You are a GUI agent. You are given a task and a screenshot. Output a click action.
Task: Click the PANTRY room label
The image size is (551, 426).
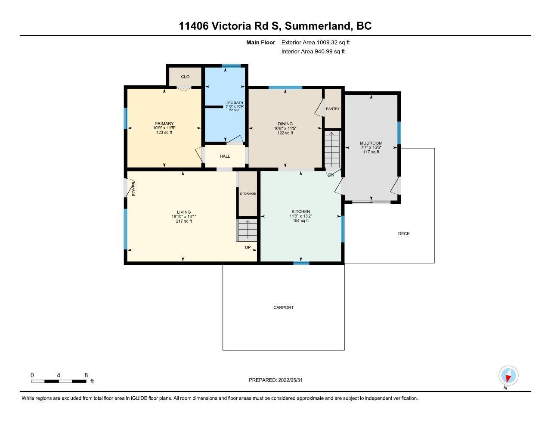(333, 109)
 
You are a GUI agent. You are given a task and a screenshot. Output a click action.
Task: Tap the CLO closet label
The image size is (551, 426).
(185, 77)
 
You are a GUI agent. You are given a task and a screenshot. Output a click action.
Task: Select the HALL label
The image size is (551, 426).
(225, 156)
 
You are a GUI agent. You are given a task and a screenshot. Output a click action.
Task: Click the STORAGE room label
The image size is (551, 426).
(248, 193)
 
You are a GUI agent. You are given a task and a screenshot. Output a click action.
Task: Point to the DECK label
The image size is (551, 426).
(404, 234)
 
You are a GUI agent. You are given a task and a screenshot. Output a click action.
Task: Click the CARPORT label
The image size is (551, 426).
(284, 308)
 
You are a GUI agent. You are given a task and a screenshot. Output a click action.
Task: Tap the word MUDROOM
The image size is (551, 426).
(371, 143)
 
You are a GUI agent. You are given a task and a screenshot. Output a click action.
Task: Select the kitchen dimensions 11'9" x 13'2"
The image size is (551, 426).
(301, 216)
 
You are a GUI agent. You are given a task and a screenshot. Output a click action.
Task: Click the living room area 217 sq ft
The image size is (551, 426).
(184, 221)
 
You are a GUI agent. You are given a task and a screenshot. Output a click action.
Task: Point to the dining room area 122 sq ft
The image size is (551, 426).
(285, 133)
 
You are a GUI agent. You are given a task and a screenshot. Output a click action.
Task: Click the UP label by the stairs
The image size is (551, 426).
(248, 247)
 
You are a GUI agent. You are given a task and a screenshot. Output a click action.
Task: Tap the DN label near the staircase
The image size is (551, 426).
(331, 175)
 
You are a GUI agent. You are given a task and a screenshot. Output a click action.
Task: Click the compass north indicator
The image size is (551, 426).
(508, 378)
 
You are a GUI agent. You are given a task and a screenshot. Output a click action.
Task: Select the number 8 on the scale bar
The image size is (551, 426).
(86, 375)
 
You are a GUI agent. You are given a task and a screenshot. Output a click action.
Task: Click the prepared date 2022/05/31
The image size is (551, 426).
(290, 380)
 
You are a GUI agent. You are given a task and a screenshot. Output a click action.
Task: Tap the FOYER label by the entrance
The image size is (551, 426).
(133, 189)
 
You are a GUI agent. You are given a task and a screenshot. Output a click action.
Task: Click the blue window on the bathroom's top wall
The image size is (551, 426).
(231, 66)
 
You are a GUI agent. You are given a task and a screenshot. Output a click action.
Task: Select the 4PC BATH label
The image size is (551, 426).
(235, 103)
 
